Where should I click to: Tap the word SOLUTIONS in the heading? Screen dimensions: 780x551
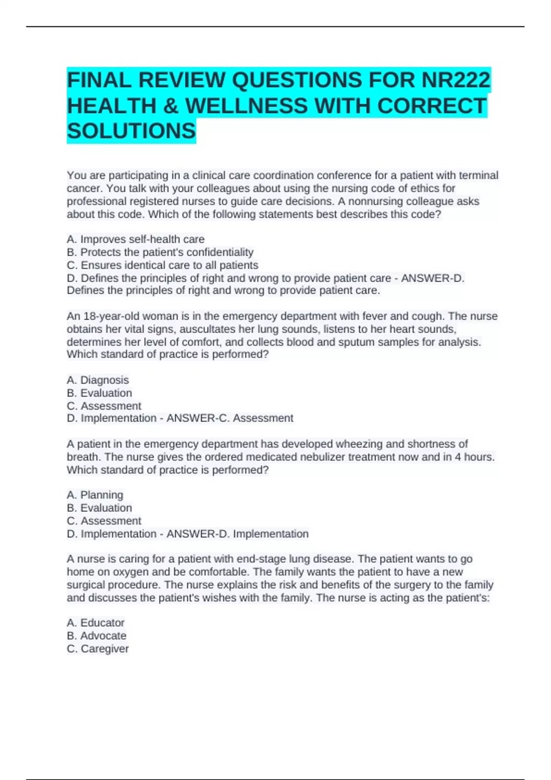[x=131, y=131]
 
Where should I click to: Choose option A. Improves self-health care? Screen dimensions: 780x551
[x=135, y=239]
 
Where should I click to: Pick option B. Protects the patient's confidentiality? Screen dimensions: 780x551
[x=160, y=252]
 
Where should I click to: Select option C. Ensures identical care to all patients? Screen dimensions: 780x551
[x=163, y=265]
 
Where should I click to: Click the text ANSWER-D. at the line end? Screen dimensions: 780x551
[x=433, y=278]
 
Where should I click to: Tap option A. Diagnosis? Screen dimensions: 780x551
[x=98, y=380]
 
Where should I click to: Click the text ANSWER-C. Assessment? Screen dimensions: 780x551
[x=230, y=418]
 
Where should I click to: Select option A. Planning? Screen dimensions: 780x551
[x=95, y=495]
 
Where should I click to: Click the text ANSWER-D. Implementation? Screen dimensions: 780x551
[x=237, y=534]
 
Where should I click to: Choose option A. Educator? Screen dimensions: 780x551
[x=96, y=623]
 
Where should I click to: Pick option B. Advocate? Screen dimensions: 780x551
[x=96, y=635]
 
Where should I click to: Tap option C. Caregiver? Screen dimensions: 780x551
[x=98, y=648]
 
